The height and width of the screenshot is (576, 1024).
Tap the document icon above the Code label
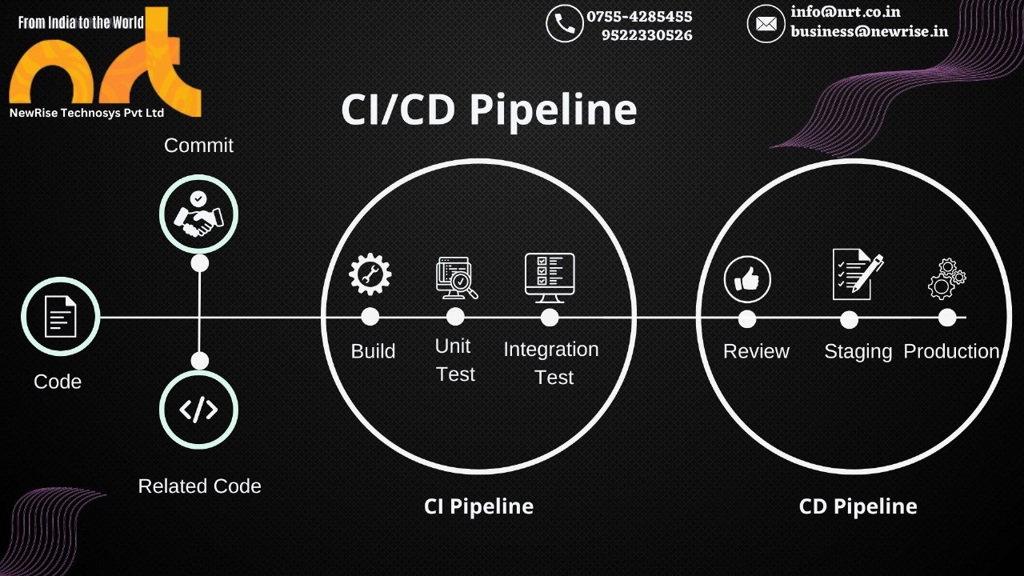click(x=60, y=316)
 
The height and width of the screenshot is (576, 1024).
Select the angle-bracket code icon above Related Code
click(x=198, y=410)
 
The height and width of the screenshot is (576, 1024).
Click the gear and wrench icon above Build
click(x=370, y=274)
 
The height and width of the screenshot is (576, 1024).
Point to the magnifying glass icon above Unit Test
click(x=457, y=278)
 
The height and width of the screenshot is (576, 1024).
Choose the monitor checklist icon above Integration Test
click(x=550, y=278)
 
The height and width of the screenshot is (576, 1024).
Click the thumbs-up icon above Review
click(x=747, y=279)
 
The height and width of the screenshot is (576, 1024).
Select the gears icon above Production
click(x=946, y=279)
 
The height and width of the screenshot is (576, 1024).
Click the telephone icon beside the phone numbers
click(x=565, y=23)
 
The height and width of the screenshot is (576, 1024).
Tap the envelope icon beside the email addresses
click(x=766, y=23)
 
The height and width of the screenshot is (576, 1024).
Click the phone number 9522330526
click(x=646, y=35)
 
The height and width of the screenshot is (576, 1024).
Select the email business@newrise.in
click(x=869, y=31)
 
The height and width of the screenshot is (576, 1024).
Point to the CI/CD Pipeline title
click(x=489, y=110)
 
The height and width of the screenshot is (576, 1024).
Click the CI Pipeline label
click(x=478, y=506)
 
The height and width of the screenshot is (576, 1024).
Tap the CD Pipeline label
click(x=858, y=506)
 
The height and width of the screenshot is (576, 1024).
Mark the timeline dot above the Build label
click(x=370, y=317)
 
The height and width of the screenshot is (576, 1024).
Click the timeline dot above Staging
click(x=849, y=319)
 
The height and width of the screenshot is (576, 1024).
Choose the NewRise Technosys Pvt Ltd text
click(x=86, y=113)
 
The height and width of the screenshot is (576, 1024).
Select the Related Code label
click(x=199, y=486)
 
